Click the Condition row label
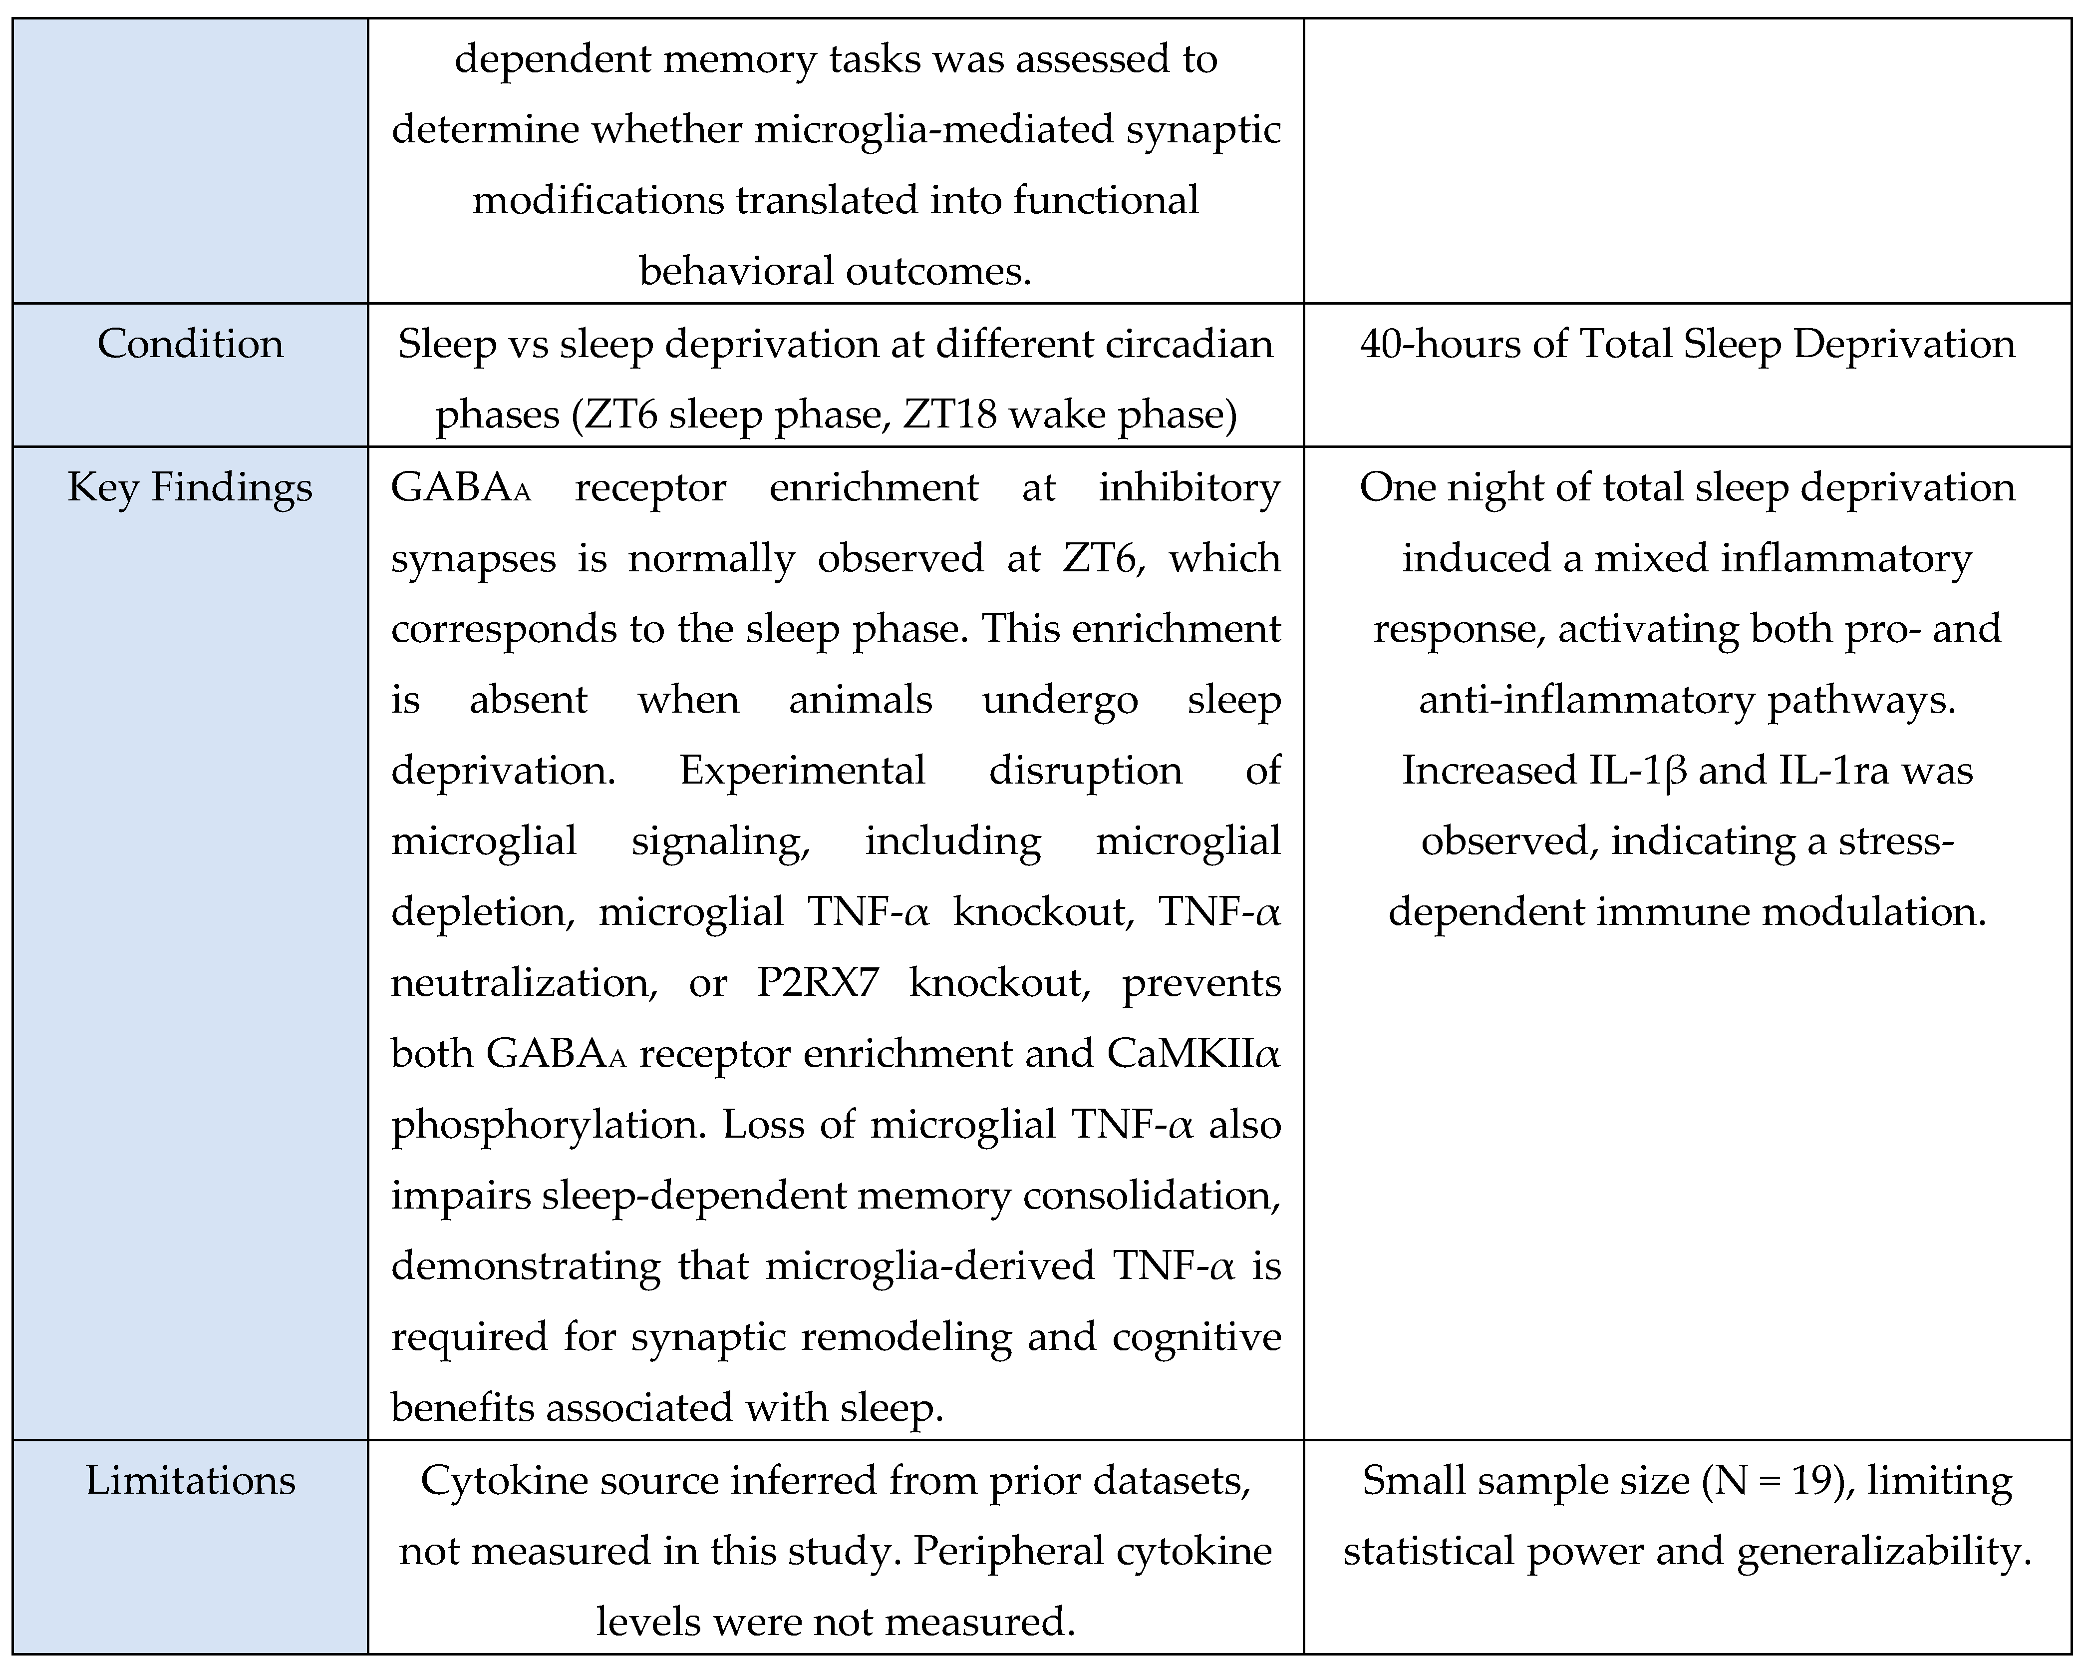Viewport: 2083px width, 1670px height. (x=190, y=344)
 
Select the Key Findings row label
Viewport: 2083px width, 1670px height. (x=190, y=487)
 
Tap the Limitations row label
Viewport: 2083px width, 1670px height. (x=190, y=1481)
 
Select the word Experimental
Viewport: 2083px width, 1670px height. (x=802, y=770)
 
